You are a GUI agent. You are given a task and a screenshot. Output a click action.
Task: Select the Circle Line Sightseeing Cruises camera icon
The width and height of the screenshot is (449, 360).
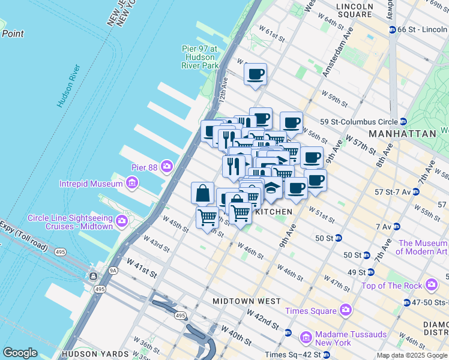(122, 221)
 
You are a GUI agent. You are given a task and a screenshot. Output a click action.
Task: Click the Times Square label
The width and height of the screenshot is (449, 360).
(311, 310)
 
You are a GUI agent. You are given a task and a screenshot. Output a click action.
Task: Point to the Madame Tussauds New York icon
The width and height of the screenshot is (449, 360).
(306, 338)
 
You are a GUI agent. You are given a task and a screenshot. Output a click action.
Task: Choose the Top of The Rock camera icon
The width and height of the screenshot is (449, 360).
(431, 285)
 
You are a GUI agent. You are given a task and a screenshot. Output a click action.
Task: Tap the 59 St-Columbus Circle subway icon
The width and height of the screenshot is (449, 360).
(403, 122)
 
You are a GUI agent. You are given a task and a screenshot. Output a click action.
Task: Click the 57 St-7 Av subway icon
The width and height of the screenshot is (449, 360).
(416, 192)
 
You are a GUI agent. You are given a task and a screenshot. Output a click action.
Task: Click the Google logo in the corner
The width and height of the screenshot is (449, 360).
(20, 353)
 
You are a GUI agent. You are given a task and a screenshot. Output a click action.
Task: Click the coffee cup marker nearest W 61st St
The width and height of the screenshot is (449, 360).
(255, 74)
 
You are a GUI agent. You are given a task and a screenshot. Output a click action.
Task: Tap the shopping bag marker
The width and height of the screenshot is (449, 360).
(203, 193)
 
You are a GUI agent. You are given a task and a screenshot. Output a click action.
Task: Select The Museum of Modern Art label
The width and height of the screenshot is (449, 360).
(423, 247)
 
